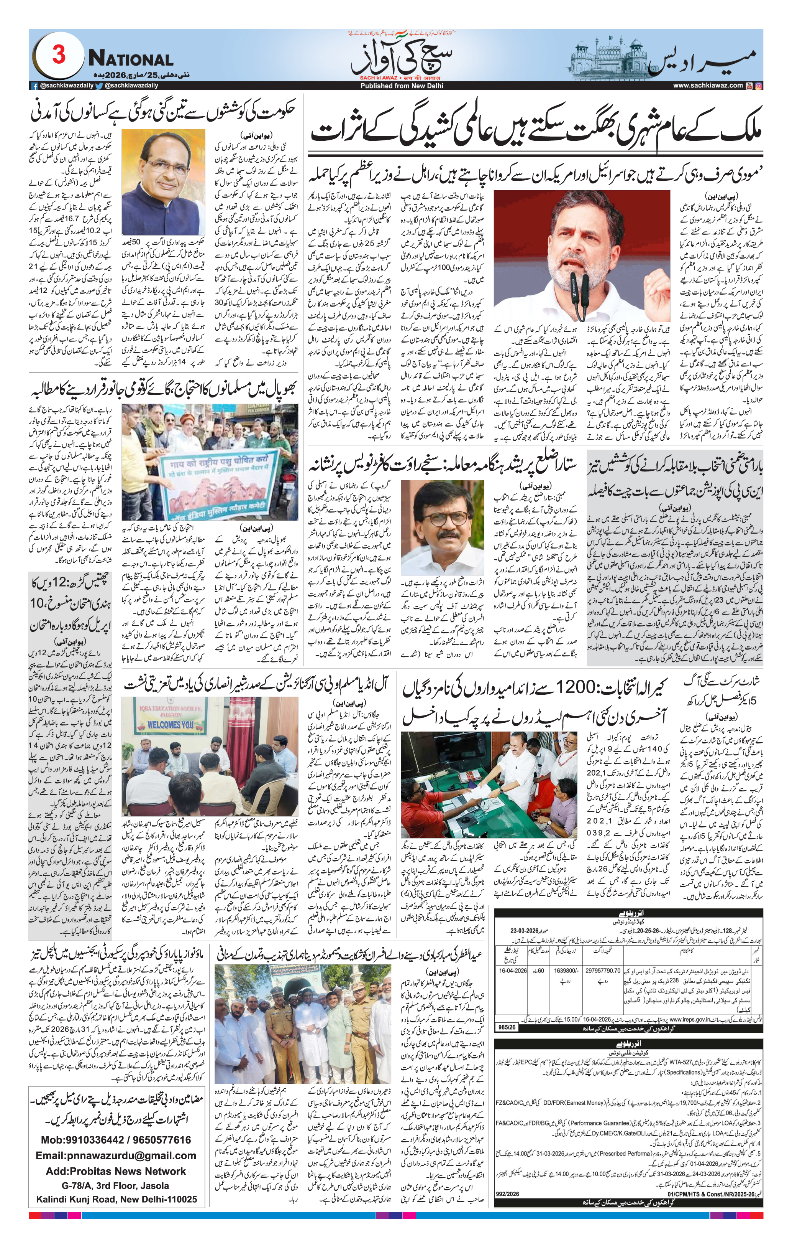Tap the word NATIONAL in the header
(130, 59)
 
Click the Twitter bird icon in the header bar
(99, 86)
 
